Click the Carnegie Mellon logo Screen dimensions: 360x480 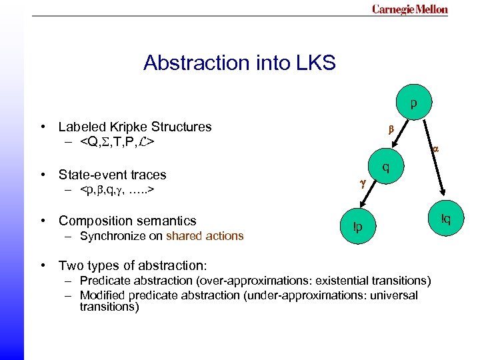pos(409,9)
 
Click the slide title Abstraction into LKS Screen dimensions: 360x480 pos(239,63)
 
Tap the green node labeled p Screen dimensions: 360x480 pos(414,104)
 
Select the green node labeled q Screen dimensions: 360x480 pos(386,167)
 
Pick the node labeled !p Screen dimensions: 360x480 pos(358,227)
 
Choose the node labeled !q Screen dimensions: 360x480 pos(445,219)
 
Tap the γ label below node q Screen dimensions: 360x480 pos(363,181)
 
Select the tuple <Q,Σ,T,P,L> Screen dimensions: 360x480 pos(117,142)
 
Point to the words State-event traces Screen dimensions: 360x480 pos(112,175)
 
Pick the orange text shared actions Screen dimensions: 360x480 pos(205,236)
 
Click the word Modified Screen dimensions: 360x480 pos(101,295)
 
